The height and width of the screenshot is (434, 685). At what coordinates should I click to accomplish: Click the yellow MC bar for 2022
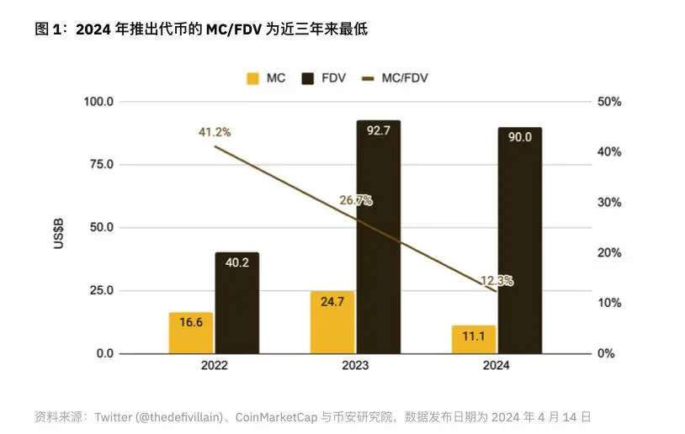point(191,333)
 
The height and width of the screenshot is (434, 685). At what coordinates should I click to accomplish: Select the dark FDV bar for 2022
point(236,303)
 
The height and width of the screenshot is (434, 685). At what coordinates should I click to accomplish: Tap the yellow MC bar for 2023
point(332,322)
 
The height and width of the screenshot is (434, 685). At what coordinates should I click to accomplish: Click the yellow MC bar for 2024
point(474,339)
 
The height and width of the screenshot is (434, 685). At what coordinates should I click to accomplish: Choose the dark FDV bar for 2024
point(519,241)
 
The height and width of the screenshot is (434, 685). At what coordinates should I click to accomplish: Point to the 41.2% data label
point(215,132)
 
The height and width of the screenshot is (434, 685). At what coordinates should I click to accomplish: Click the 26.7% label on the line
point(356,200)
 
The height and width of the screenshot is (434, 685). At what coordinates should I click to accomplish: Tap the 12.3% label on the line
point(496,281)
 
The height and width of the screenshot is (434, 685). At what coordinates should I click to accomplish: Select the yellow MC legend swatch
point(252,79)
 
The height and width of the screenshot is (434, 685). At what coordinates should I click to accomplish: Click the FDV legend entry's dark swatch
point(308,79)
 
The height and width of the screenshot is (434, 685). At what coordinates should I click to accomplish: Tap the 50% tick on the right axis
point(609,102)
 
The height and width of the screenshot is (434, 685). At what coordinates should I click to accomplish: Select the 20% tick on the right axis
point(609,252)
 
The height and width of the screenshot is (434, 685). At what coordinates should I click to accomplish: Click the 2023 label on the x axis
point(355,367)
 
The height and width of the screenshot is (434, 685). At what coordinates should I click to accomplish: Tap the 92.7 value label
point(378,131)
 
